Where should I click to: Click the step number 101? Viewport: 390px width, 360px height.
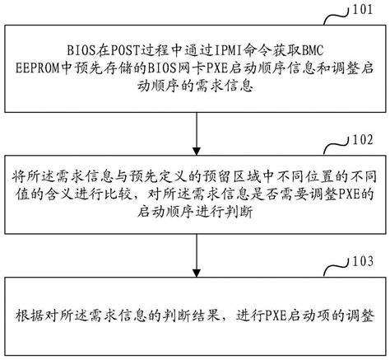363,9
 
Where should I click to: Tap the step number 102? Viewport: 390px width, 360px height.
363,139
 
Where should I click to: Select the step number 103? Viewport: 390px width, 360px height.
363,261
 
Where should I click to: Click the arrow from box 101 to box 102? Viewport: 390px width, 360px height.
197,133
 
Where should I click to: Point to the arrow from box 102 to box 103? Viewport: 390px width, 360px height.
197,255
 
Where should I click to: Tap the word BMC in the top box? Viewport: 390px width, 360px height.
313,50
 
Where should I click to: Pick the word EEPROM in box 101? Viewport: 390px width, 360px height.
37,68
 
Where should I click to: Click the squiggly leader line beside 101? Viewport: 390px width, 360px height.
337,16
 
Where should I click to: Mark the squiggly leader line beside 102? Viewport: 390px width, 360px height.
337,147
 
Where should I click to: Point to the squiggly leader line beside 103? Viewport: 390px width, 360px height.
337,269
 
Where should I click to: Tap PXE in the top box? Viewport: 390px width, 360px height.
216,68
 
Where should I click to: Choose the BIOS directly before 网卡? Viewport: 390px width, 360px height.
160,68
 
